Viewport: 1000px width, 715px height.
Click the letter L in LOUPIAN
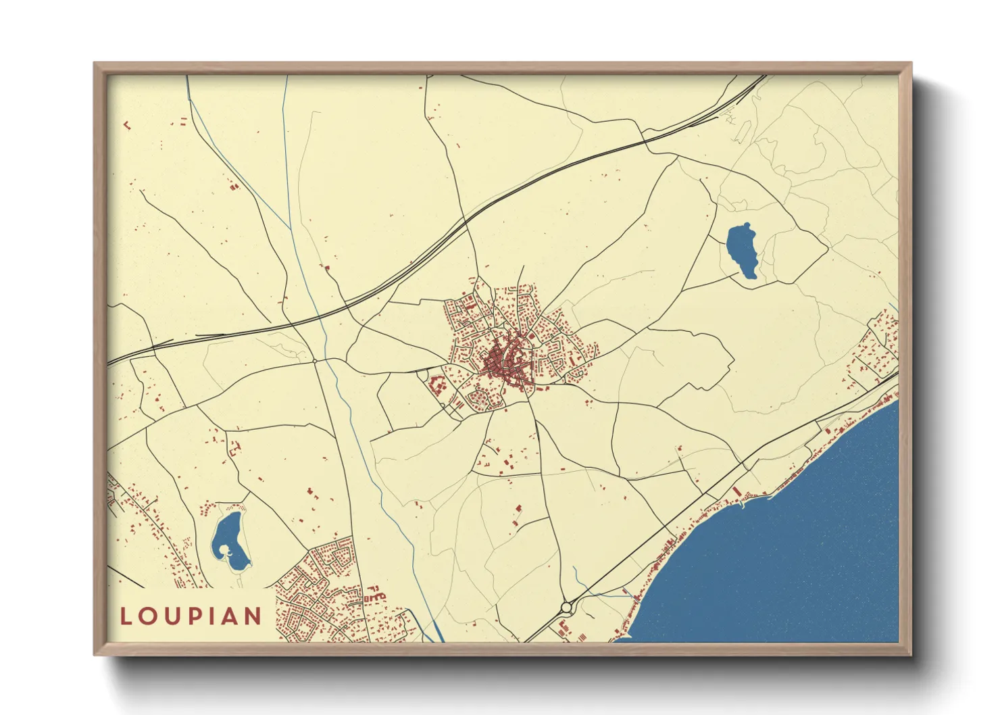(126, 616)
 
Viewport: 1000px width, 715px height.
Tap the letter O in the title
(151, 616)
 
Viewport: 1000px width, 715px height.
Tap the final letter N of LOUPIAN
(255, 616)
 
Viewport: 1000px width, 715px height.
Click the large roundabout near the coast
(566, 608)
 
